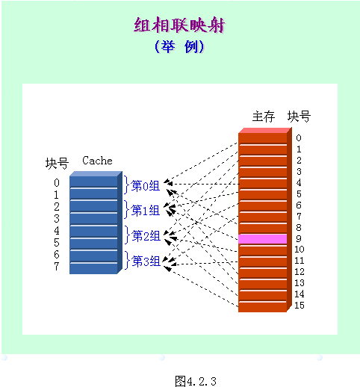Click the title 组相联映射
coord(179,26)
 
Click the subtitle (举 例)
coord(179,47)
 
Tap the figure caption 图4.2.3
coord(195,380)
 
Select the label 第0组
coord(146,185)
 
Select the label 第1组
coord(146,210)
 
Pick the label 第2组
coord(146,236)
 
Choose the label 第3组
coord(146,261)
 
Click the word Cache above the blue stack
coord(97,161)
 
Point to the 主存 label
coord(264,117)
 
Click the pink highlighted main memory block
coord(262,238)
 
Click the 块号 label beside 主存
coord(300,117)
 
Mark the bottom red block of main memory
coord(262,306)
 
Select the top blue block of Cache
coord(93,182)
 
